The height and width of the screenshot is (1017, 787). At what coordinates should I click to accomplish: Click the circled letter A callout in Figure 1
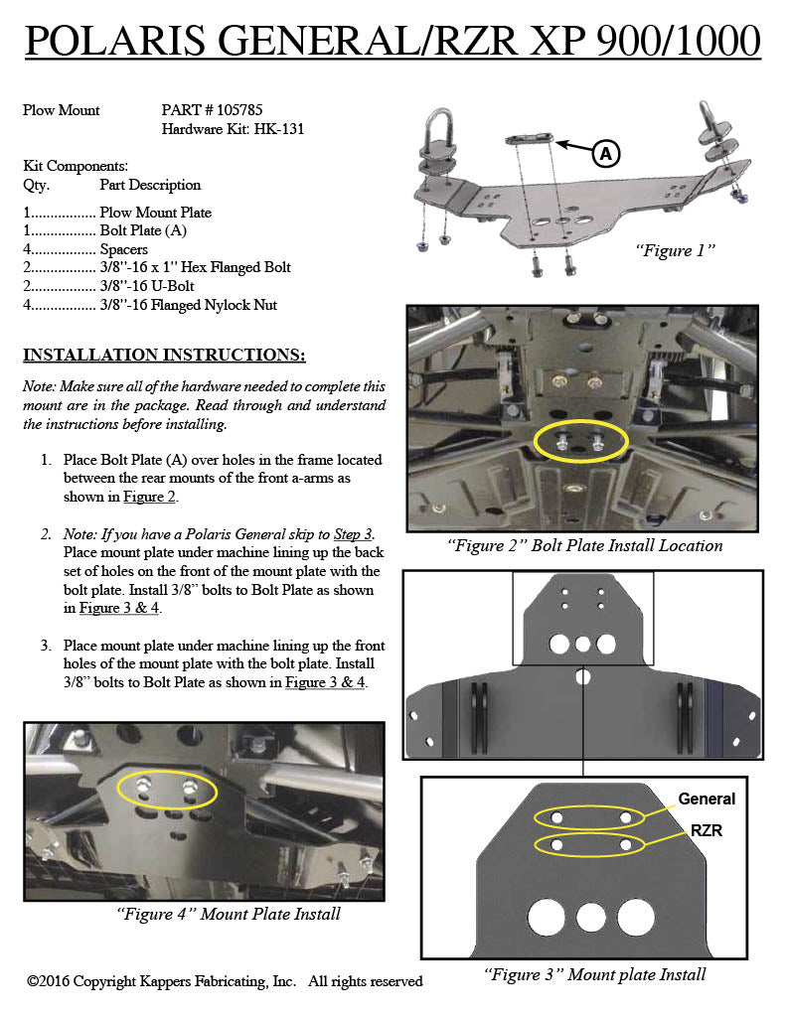point(605,154)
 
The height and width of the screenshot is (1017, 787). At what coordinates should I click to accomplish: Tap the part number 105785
point(239,109)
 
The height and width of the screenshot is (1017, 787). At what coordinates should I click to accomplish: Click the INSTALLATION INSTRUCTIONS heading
point(164,355)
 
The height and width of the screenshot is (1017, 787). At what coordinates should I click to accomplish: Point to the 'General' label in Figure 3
point(707,799)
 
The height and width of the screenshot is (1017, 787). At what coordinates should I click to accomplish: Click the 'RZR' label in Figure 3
point(707,830)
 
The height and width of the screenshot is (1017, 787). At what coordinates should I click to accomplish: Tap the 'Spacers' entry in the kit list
point(123,249)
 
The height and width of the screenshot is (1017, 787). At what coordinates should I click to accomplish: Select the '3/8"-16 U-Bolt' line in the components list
point(147,286)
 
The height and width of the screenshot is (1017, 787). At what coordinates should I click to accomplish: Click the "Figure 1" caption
point(675,250)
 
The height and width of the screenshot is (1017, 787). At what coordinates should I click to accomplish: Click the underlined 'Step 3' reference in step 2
point(353,533)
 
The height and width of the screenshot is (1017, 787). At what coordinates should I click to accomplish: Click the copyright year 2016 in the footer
point(55,980)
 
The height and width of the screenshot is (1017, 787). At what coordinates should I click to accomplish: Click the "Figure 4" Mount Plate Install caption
point(229,914)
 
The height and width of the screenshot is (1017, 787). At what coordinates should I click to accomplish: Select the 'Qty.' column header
point(37,186)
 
